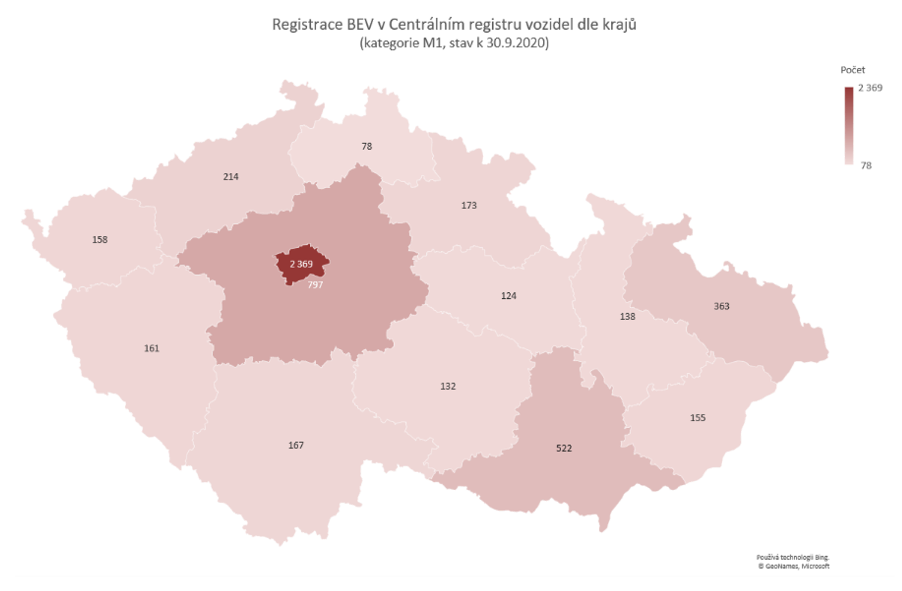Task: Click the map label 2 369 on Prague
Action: click(301, 264)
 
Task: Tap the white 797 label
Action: click(315, 284)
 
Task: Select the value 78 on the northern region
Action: click(366, 146)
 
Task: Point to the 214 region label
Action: click(231, 177)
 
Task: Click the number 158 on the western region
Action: click(100, 239)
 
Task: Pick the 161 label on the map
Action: click(151, 348)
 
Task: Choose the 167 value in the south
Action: click(296, 445)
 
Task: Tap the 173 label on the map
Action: click(469, 206)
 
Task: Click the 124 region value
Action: click(509, 295)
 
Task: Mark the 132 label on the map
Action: click(448, 386)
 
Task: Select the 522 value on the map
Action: click(564, 448)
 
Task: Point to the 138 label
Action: click(628, 316)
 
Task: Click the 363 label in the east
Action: click(722, 306)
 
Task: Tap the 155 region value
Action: click(698, 417)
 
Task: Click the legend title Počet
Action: click(853, 70)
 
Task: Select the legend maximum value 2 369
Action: click(870, 88)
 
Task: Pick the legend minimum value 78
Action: click(866, 166)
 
